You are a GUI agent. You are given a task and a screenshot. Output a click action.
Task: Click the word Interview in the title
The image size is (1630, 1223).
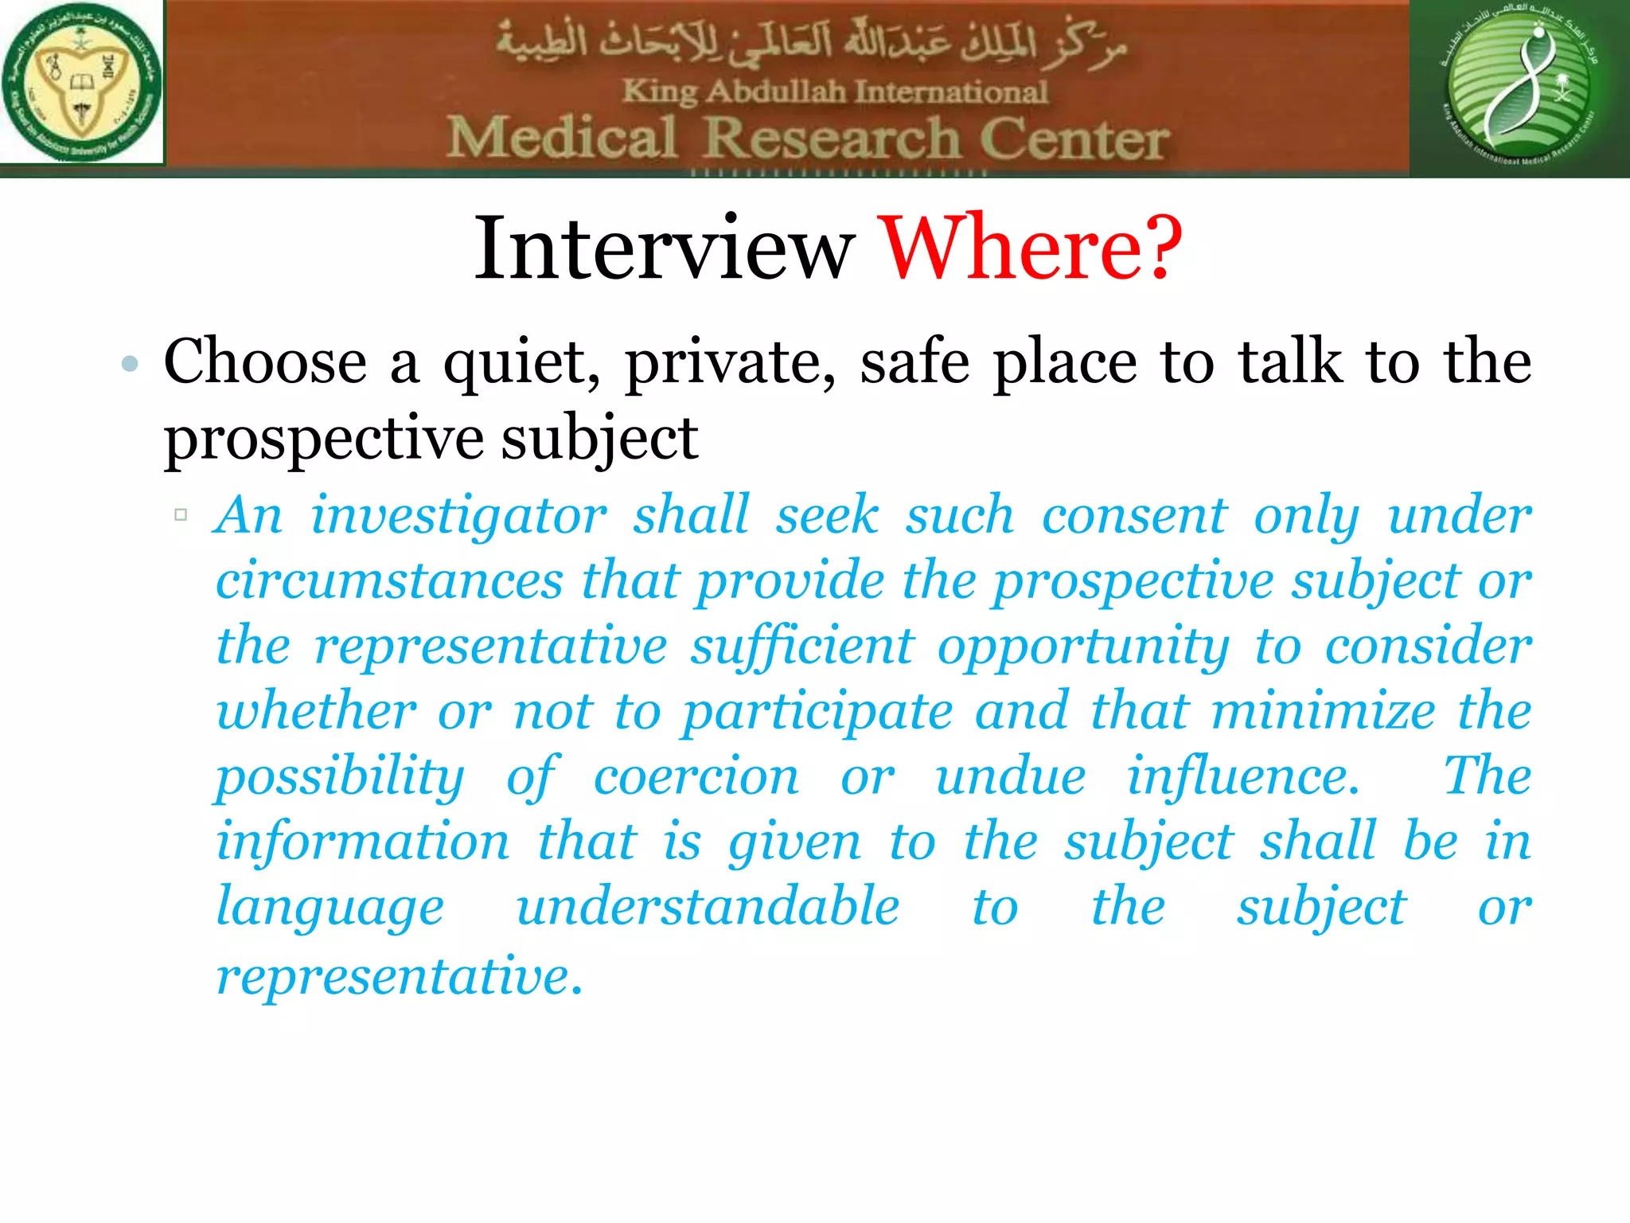click(x=665, y=248)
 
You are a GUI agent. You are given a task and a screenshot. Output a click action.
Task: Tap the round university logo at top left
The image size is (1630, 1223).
click(x=82, y=82)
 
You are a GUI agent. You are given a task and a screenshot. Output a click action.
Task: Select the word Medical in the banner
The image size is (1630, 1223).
click(x=562, y=138)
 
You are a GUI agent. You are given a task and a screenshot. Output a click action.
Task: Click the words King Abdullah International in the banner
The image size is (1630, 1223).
click(x=835, y=92)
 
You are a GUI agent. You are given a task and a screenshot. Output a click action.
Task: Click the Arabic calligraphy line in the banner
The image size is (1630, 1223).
click(x=812, y=44)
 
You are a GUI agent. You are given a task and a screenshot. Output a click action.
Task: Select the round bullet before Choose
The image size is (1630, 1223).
click(x=130, y=365)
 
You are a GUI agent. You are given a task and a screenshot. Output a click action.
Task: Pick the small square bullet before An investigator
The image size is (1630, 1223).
click(x=181, y=514)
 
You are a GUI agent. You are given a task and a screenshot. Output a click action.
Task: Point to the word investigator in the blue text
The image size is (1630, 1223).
click(x=458, y=516)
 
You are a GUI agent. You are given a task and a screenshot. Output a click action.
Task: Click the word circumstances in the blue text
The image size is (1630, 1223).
click(x=389, y=580)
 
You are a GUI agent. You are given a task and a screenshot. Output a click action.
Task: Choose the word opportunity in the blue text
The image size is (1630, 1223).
click(x=1082, y=647)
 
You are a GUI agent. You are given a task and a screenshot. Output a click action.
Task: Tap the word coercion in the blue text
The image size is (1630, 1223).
click(x=696, y=776)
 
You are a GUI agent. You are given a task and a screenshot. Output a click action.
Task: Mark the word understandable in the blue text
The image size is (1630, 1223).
click(x=708, y=907)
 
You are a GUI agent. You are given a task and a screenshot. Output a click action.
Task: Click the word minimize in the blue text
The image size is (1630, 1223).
click(x=1323, y=711)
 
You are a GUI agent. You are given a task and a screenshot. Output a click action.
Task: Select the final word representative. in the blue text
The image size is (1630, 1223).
click(x=400, y=975)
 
